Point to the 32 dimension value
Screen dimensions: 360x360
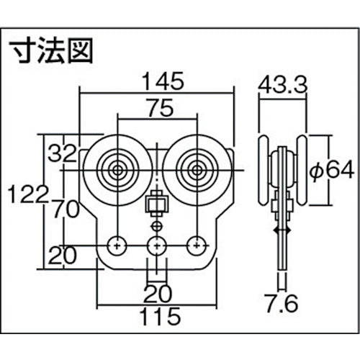click(63, 153)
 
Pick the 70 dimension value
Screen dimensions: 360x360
click(63, 210)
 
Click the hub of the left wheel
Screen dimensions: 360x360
click(115, 171)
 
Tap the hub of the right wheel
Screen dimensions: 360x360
click(195, 171)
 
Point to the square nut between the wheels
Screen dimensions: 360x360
click(154, 207)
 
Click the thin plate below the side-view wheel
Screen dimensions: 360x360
click(282, 252)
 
